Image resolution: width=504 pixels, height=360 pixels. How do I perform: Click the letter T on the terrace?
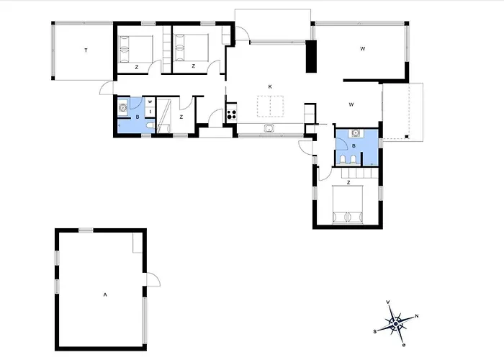[86, 50]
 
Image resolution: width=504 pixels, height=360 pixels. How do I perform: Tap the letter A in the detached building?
[105, 294]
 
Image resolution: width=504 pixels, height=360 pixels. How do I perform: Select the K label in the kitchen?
[270, 87]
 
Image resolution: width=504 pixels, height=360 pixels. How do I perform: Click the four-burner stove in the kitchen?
[232, 114]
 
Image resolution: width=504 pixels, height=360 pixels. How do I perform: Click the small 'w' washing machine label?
[150, 102]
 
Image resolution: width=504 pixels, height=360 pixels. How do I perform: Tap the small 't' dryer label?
[150, 112]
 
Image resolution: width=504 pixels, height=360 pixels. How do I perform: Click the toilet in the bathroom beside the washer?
[150, 125]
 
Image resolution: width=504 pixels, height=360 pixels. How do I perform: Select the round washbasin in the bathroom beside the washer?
[122, 108]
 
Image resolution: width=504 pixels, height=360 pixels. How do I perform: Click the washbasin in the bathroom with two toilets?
[356, 132]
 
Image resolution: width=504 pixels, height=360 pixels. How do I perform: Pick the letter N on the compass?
[417, 316]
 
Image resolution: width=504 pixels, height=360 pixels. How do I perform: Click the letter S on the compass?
[375, 331]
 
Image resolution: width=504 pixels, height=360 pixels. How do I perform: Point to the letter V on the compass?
[388, 302]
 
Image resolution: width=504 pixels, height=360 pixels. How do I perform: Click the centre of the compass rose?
[396, 323]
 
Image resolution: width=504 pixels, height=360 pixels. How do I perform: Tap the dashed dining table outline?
[270, 106]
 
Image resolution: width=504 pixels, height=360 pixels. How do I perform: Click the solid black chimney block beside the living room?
[311, 56]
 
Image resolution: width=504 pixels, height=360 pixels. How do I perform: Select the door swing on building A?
[153, 279]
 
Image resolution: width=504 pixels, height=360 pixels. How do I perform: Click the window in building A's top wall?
[86, 230]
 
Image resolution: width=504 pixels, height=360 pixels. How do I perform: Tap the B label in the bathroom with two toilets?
[354, 146]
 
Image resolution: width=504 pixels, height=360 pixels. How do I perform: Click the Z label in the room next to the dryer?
[181, 117]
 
